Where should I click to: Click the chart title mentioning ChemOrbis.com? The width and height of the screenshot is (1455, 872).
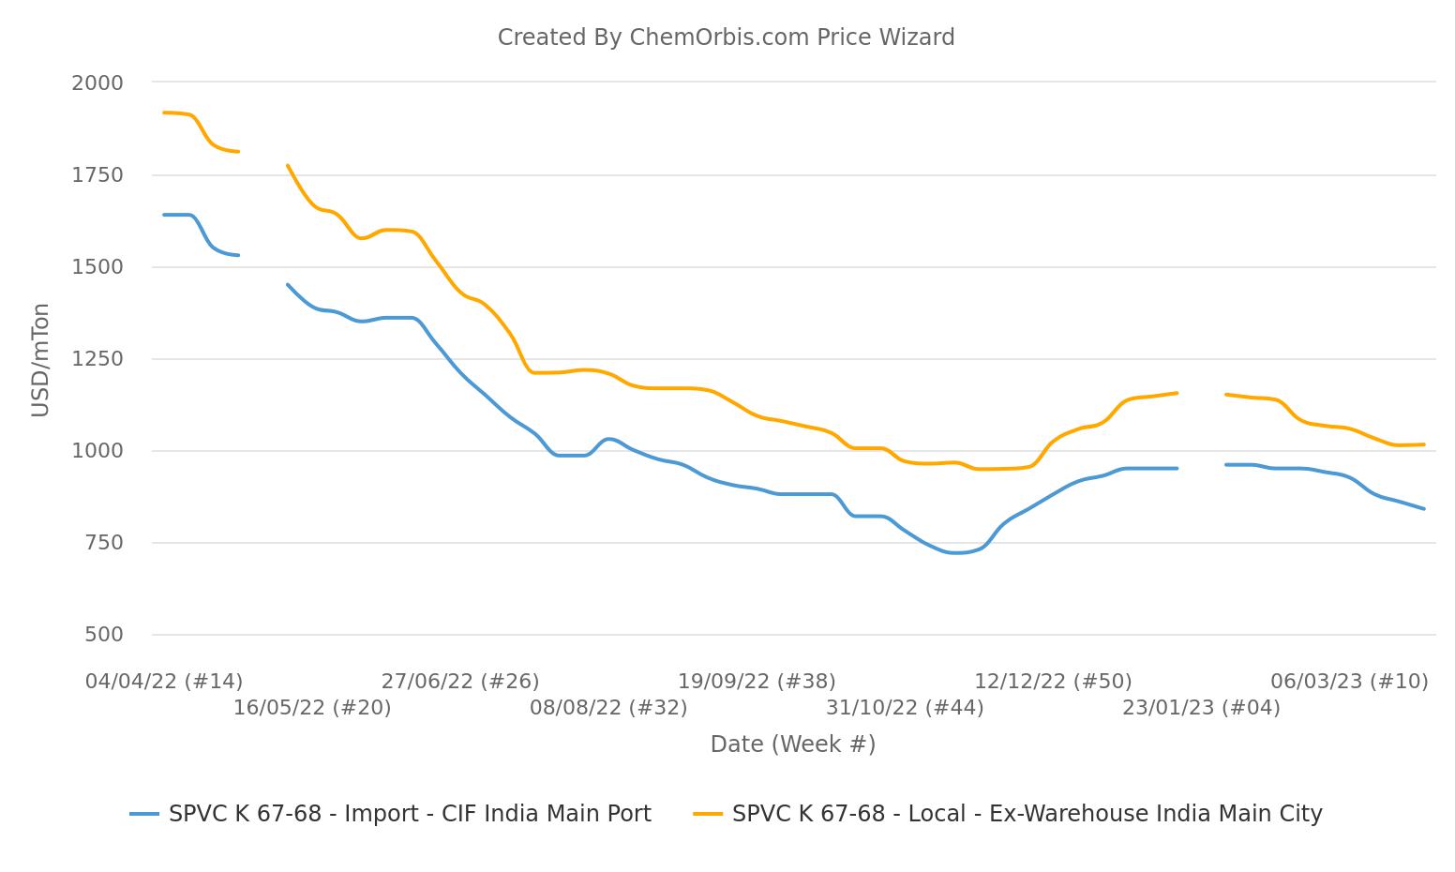(x=726, y=38)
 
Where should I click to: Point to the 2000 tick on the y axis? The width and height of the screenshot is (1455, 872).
(x=97, y=83)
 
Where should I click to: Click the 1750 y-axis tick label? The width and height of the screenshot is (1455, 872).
(x=97, y=175)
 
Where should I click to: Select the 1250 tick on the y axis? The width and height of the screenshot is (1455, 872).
(x=97, y=359)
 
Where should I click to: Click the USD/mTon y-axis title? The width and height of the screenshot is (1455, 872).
(x=40, y=359)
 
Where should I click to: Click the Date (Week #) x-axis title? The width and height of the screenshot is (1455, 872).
(x=792, y=744)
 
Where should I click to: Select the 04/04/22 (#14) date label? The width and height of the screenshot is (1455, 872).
(x=164, y=682)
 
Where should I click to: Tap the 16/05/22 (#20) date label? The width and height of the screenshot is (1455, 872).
(x=312, y=708)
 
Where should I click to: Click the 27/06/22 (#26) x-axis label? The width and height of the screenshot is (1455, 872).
(x=460, y=682)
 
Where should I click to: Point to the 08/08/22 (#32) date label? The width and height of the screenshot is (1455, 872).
(x=608, y=708)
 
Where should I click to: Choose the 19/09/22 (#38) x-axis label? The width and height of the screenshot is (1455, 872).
(x=757, y=682)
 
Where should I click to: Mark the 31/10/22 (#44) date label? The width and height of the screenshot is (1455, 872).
(x=905, y=708)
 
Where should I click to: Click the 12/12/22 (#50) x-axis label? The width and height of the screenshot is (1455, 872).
(x=1053, y=682)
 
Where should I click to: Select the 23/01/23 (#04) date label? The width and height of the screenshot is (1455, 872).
(x=1201, y=708)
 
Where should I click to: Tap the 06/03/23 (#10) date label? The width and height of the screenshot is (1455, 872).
(x=1349, y=682)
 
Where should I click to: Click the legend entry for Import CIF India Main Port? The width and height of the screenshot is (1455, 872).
(x=391, y=814)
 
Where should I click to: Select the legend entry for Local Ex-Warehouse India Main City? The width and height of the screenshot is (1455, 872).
(x=1008, y=814)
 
